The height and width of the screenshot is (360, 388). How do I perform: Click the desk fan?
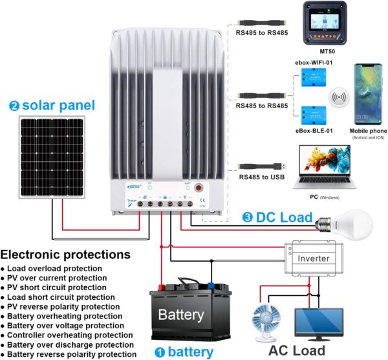[269, 324]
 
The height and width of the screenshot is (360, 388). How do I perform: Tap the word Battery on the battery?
[181, 315]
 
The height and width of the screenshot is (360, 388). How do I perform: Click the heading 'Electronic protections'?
[65, 254]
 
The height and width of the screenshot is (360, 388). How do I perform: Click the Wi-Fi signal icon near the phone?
[338, 98]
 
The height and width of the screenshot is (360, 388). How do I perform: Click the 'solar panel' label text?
[58, 106]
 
